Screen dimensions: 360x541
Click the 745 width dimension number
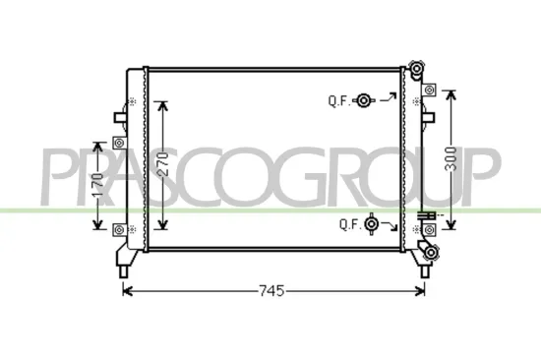pyautogui.click(x=271, y=291)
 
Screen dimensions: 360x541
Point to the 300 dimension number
pyautogui.click(x=452, y=160)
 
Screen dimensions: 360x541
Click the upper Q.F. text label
pyautogui.click(x=338, y=100)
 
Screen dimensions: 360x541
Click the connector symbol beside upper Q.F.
pyautogui.click(x=365, y=100)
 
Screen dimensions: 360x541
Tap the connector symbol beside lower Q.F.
pyautogui.click(x=372, y=224)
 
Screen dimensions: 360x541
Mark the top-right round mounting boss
pyautogui.click(x=419, y=72)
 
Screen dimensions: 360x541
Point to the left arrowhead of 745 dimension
pyautogui.click(x=125, y=290)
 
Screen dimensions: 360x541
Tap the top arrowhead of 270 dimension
pyautogui.click(x=163, y=104)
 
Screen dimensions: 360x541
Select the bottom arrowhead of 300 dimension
pyautogui.click(x=452, y=224)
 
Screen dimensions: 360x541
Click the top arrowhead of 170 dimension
pyautogui.click(x=98, y=138)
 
